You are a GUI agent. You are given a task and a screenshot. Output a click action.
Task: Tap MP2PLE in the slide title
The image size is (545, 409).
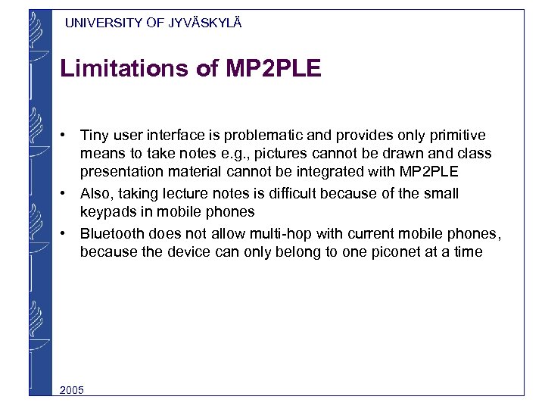click(273, 69)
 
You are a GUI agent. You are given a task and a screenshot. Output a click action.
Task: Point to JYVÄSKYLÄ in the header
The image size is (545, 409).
click(205, 23)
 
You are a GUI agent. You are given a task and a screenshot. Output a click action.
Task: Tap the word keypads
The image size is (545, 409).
click(105, 212)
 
